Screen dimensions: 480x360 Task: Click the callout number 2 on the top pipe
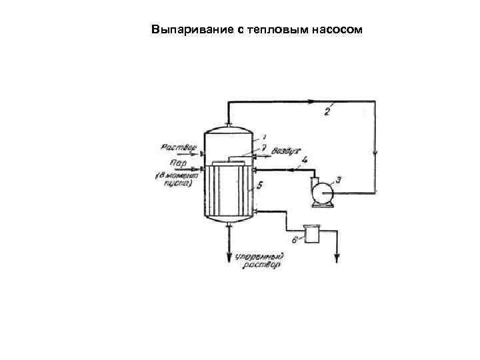(x=327, y=111)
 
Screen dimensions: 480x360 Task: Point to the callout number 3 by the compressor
(x=339, y=179)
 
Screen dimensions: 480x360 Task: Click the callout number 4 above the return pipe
(x=303, y=160)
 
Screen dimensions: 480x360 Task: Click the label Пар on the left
(x=178, y=163)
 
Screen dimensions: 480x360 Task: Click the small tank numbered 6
(x=311, y=234)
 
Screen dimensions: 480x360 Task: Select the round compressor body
(x=324, y=193)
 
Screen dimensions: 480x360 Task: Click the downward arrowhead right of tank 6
(x=336, y=257)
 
